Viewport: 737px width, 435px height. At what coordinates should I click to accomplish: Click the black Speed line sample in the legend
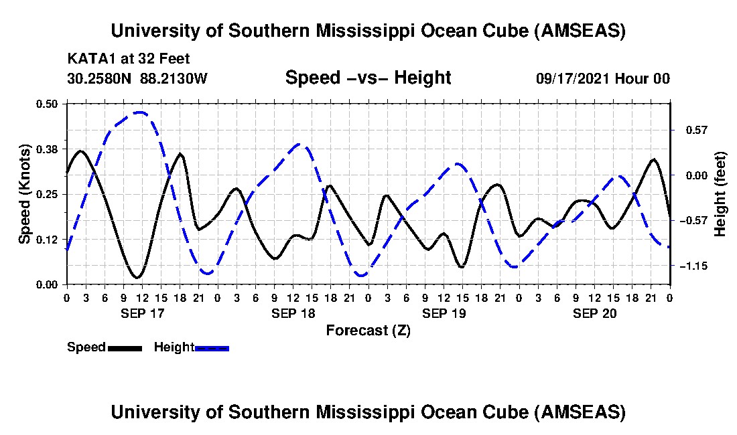124,348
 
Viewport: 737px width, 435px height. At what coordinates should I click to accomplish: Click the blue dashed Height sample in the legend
212,348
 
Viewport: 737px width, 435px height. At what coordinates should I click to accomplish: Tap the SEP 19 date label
443,313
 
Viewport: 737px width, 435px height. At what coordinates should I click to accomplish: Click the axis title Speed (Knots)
25,193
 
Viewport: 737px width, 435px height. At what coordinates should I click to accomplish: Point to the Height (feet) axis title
720,194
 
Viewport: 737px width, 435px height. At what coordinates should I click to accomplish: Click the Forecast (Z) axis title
368,330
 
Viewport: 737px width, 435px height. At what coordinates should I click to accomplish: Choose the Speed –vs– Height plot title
368,78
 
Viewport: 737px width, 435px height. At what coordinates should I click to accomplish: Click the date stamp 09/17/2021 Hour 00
602,78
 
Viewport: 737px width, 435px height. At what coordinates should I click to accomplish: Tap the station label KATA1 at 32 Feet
129,58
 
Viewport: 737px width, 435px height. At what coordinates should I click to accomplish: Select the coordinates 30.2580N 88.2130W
137,78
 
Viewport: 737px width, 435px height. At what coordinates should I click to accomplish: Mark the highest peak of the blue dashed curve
139,112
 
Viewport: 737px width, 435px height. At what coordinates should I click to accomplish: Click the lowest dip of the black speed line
137,278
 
